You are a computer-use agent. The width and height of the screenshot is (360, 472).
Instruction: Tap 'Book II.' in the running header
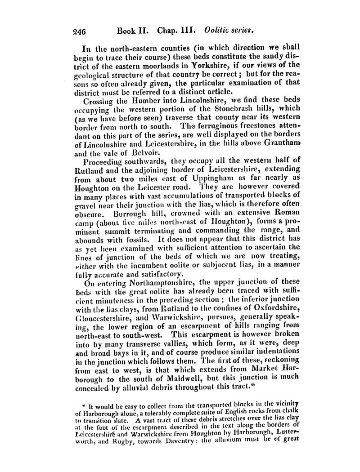pos(133,31)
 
